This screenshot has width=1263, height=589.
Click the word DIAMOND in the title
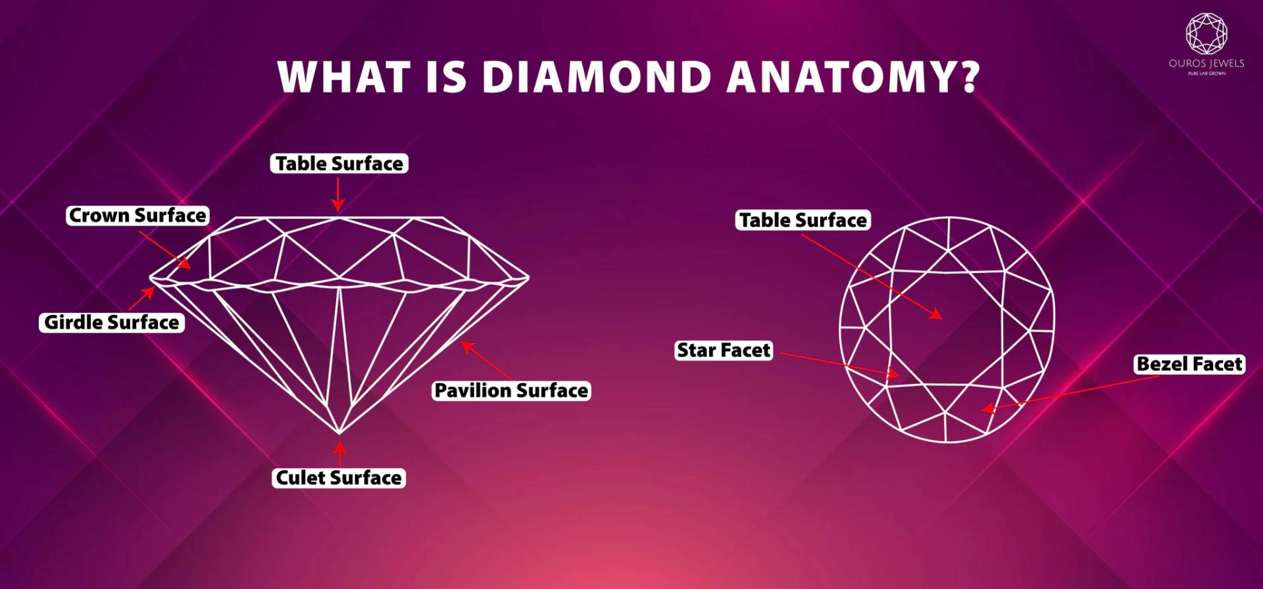[x=597, y=77]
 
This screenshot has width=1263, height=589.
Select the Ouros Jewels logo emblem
[x=1206, y=34]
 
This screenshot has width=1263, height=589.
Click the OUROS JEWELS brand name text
[x=1206, y=64]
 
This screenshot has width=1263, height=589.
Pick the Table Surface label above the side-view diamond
[x=339, y=164]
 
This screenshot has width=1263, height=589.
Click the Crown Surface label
[x=137, y=216]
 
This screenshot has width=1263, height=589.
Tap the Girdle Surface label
[x=111, y=322]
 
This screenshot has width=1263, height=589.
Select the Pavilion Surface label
[x=511, y=390]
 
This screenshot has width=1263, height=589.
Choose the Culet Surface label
[x=339, y=478]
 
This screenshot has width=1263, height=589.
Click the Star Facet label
[x=724, y=350]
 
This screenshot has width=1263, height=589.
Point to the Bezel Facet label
[x=1189, y=364]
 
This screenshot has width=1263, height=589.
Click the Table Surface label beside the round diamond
[x=803, y=220]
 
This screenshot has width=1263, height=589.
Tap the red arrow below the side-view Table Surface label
[x=338, y=194]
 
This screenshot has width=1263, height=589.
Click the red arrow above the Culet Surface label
[x=339, y=454]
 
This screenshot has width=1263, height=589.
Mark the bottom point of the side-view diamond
[x=339, y=434]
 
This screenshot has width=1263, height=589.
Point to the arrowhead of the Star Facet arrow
[x=892, y=373]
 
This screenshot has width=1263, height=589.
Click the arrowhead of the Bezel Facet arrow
[x=989, y=408]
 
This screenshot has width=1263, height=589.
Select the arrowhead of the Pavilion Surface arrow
[x=466, y=346]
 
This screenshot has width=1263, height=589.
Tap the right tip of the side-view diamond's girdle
[x=528, y=277]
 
